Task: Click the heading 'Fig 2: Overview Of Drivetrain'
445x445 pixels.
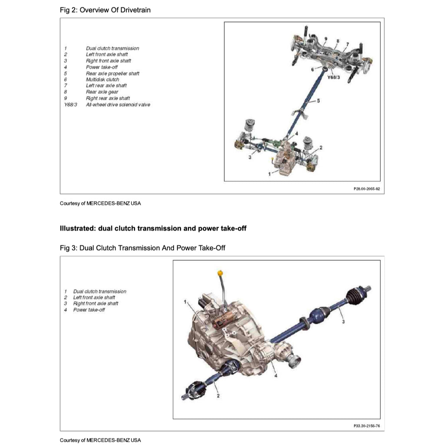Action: pyautogui.click(x=105, y=10)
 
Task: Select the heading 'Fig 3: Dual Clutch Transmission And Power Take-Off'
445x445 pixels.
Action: pyautogui.click(x=143, y=248)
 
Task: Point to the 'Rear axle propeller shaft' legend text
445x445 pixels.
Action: pyautogui.click(x=113, y=73)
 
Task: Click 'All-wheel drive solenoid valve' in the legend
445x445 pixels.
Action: pyautogui.click(x=118, y=105)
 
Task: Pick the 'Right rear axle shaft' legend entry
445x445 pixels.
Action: pyautogui.click(x=108, y=98)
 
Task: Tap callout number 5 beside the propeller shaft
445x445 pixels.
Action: pyautogui.click(x=319, y=101)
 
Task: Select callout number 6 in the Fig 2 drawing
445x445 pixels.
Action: pyautogui.click(x=312, y=69)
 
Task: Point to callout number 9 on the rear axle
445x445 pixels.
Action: pyautogui.click(x=325, y=40)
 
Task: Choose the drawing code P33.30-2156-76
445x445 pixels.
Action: pyautogui.click(x=367, y=426)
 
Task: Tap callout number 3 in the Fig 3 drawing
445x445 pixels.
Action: pyautogui.click(x=343, y=322)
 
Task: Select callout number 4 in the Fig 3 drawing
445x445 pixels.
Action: pyautogui.click(x=276, y=376)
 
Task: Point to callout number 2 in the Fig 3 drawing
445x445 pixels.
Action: pyautogui.click(x=218, y=395)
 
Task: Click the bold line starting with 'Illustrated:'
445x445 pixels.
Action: pyautogui.click(x=153, y=228)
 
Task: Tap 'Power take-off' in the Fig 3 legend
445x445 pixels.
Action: pyautogui.click(x=89, y=310)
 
